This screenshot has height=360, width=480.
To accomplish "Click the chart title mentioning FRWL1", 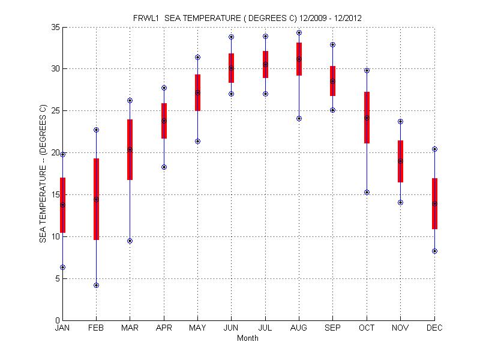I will point(247,18).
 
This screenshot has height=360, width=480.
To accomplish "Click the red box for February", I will point(96,199).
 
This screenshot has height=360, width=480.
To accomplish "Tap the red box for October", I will point(367,118).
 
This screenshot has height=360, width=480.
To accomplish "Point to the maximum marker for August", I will point(299,33).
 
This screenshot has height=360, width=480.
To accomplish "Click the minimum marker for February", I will point(96,285).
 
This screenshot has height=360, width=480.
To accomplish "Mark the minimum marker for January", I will point(62,267).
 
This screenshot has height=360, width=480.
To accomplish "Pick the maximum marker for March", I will point(130,100).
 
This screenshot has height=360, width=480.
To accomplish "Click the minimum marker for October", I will point(367,192).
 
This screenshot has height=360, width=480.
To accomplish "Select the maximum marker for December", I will point(434,149).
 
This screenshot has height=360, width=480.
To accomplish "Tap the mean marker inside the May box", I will point(197,92).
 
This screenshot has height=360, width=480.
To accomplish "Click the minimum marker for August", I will point(299,118).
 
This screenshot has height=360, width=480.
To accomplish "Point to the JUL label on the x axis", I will point(265,328).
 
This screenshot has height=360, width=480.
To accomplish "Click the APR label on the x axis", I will point(164,328).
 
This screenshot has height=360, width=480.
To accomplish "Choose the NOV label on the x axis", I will point(400,328).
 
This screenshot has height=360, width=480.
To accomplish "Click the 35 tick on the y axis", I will point(55,27).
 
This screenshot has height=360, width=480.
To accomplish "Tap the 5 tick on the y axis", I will point(56,278).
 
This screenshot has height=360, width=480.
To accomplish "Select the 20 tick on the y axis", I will point(55,152).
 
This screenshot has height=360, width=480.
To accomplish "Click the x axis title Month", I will point(248,338).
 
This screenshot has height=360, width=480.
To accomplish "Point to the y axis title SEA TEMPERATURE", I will point(43,174).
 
